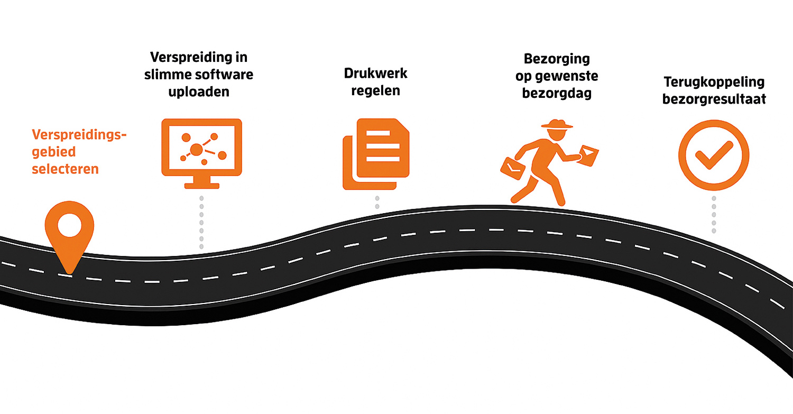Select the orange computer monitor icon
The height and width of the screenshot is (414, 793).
(x=201, y=148)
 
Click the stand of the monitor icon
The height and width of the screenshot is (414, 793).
(x=201, y=183)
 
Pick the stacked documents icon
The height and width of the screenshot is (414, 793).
(x=376, y=154)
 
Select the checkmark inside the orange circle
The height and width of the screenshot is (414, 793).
(x=713, y=154)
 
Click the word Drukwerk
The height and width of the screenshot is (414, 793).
(x=376, y=73)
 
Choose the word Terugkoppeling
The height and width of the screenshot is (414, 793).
(x=714, y=82)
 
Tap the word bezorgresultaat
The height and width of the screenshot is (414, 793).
(x=714, y=99)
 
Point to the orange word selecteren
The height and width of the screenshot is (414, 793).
(x=65, y=169)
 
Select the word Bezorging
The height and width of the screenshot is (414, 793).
(x=557, y=59)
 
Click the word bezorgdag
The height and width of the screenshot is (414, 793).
(x=557, y=94)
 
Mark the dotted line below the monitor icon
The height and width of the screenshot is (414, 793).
(x=201, y=222)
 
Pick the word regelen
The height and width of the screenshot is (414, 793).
(x=376, y=90)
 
